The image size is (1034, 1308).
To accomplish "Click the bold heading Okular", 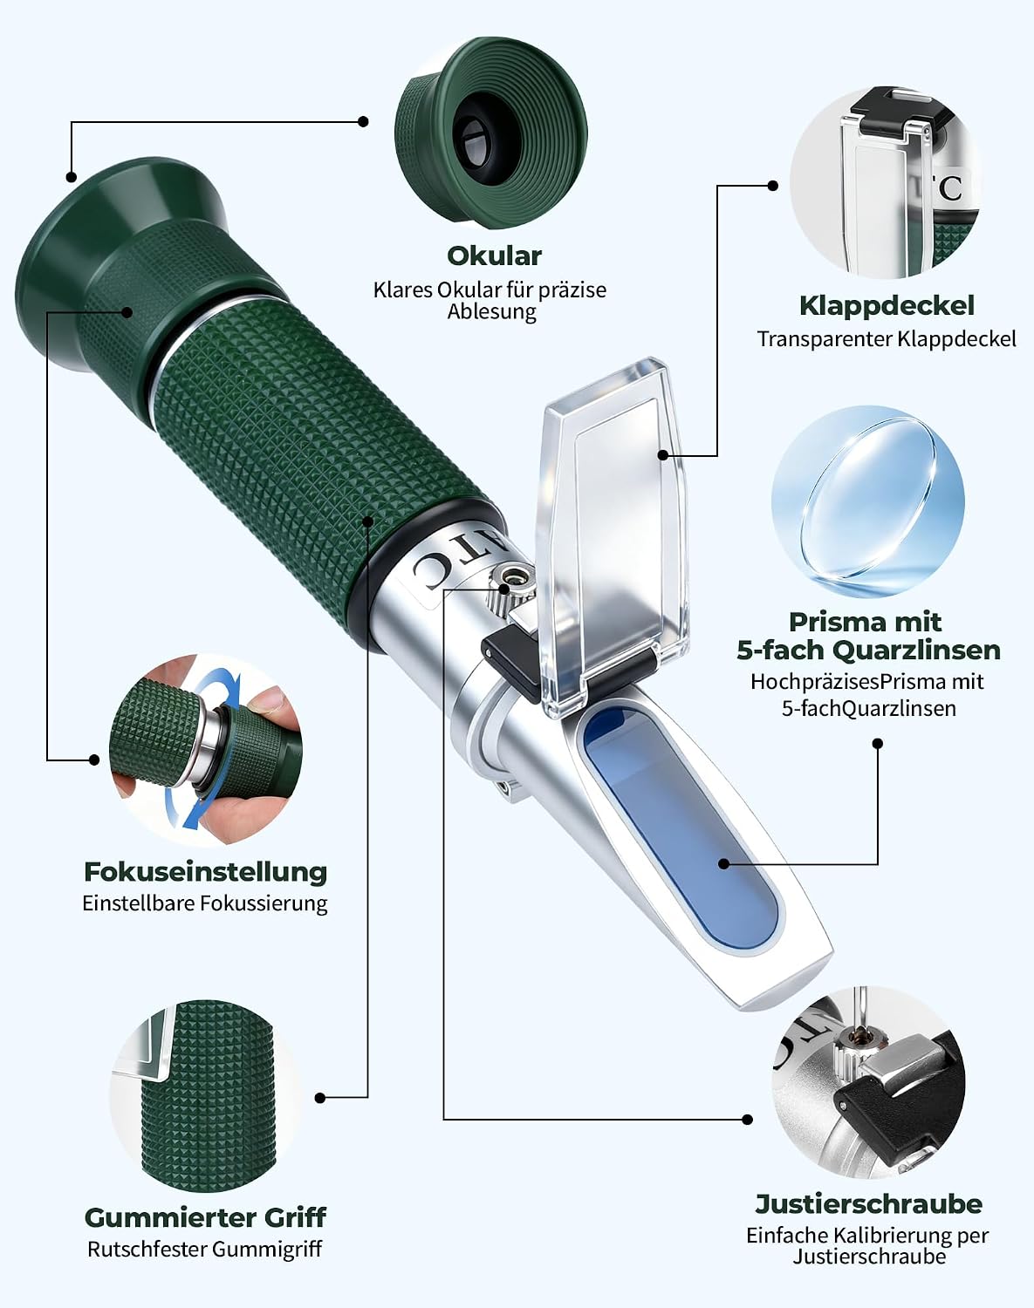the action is tap(494, 255).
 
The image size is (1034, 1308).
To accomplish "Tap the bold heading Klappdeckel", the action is tap(887, 306).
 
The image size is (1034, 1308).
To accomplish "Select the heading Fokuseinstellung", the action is tap(206, 872).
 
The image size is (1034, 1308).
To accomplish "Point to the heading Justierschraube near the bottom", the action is tap(868, 1204).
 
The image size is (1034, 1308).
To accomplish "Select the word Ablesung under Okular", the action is tap(492, 312).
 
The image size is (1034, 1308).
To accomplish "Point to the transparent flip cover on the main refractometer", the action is tap(613, 535).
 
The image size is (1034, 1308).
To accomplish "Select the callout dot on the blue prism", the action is tap(724, 863).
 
